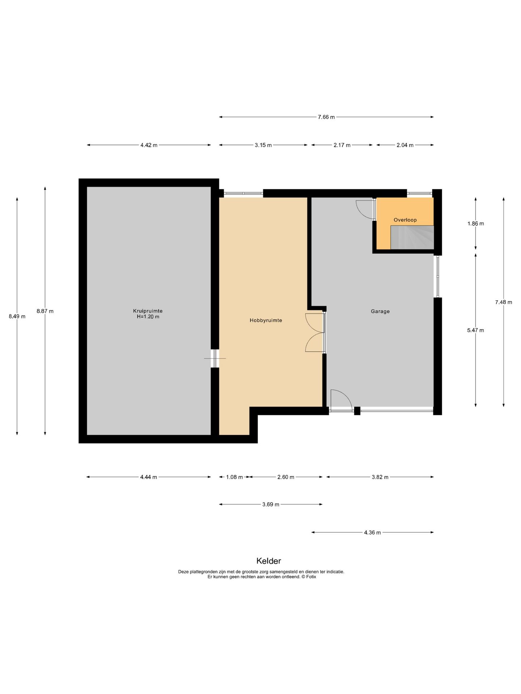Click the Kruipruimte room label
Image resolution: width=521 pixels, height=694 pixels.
pyautogui.click(x=148, y=311)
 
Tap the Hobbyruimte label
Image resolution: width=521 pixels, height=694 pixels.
pyautogui.click(x=266, y=320)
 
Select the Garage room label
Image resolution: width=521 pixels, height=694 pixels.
pyautogui.click(x=380, y=311)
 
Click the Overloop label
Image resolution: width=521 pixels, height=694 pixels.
pyautogui.click(x=405, y=220)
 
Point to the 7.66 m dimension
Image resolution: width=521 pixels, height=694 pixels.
pyautogui.click(x=326, y=117)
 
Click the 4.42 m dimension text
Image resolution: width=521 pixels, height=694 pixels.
pyautogui.click(x=149, y=145)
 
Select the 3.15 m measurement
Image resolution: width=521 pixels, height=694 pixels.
pyautogui.click(x=263, y=145)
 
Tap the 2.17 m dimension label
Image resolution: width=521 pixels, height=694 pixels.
pyautogui.click(x=342, y=145)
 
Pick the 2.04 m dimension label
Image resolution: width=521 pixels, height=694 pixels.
pyautogui.click(x=405, y=145)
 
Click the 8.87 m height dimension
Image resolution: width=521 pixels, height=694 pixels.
pyautogui.click(x=45, y=311)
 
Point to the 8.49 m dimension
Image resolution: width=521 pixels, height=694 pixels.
pyautogui.click(x=17, y=316)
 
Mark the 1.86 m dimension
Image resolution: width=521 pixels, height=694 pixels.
pyautogui.click(x=475, y=223)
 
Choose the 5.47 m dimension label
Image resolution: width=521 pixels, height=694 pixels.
pyautogui.click(x=475, y=330)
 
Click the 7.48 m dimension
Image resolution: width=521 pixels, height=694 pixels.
pyautogui.click(x=504, y=302)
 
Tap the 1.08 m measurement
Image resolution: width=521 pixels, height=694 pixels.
pyautogui.click(x=234, y=477)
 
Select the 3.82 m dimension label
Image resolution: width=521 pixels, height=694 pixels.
pyautogui.click(x=380, y=477)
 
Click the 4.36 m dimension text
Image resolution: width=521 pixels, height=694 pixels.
pyautogui.click(x=372, y=532)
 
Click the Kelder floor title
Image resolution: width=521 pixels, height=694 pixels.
pyautogui.click(x=269, y=561)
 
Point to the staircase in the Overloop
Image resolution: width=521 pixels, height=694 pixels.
pyautogui.click(x=412, y=237)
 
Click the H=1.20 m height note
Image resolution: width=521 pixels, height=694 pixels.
pyautogui.click(x=148, y=317)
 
